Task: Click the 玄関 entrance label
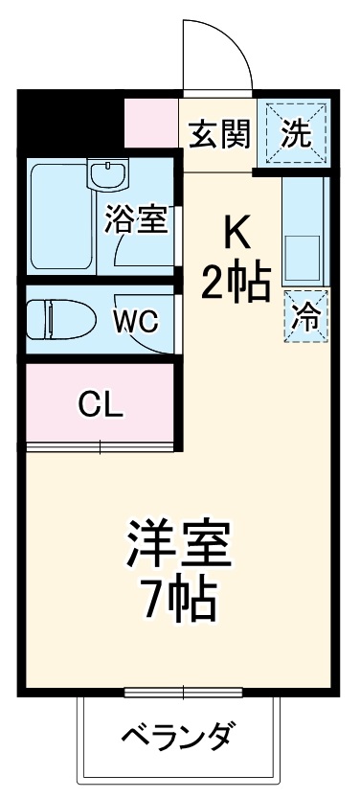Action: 216,133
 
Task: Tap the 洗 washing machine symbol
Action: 297,133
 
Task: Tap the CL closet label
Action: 101,406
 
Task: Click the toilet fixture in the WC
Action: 57,319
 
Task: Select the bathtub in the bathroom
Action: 59,218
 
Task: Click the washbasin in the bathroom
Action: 106,175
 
